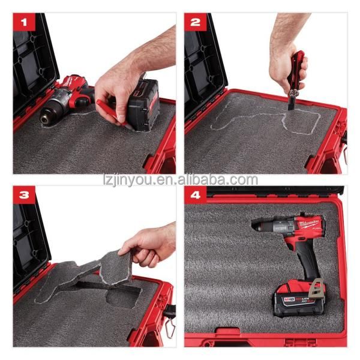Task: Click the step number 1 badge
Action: coord(25,24)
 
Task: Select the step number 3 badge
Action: coord(25,196)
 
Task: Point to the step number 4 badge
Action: coord(196,196)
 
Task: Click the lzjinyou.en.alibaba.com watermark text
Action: coord(180,179)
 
